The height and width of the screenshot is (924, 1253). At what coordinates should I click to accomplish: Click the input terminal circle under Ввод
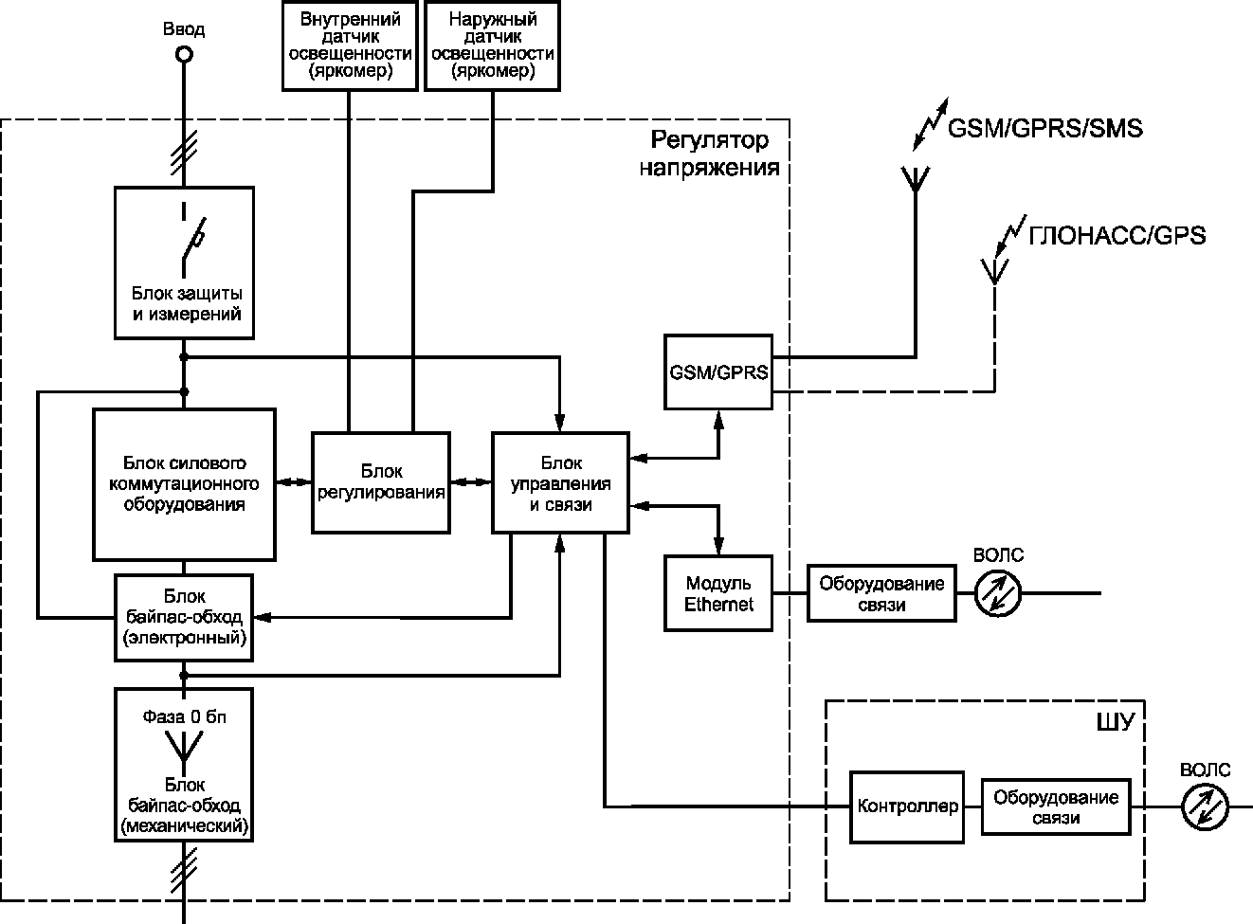184,55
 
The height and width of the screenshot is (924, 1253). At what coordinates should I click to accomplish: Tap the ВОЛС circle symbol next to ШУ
1205,807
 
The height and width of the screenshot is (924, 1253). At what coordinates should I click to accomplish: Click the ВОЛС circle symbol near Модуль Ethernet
998,593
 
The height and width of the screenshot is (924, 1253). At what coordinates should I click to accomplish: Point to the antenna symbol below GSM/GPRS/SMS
916,180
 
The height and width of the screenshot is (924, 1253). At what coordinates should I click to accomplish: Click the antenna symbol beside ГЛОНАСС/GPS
994,272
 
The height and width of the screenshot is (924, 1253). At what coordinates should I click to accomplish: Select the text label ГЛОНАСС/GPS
1117,235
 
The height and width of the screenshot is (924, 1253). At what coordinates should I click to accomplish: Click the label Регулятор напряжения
709,154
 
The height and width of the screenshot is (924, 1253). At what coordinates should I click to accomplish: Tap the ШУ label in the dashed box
1116,722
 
